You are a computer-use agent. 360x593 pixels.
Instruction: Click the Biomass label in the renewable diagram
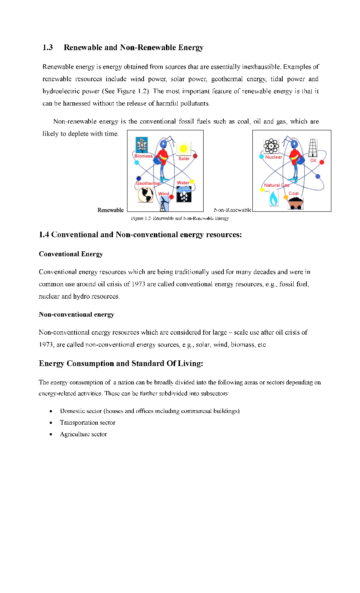pos(143,156)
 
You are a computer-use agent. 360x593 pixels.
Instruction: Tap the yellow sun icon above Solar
pos(183,149)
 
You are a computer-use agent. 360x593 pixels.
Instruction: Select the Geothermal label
pos(148,183)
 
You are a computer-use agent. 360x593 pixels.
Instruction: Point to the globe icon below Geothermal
pos(145,194)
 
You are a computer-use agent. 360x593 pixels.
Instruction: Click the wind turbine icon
pos(163,204)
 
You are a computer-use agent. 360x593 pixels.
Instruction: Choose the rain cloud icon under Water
pos(184,194)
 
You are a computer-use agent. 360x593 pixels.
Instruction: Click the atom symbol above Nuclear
pos(271,145)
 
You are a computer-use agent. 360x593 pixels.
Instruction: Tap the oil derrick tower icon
pos(313,148)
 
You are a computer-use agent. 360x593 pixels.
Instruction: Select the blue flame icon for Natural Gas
pos(274,198)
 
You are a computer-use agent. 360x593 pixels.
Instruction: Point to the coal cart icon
pos(295,203)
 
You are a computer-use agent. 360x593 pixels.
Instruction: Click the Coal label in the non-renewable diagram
pos(293,193)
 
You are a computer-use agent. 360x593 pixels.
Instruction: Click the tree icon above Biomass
pos(142,145)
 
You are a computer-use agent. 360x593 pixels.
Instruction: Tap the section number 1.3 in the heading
pos(48,48)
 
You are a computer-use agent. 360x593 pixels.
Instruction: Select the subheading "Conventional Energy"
pos(71,254)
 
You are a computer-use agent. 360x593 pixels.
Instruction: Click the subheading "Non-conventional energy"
pos(76,315)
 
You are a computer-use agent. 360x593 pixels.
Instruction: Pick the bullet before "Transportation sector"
pos(51,423)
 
